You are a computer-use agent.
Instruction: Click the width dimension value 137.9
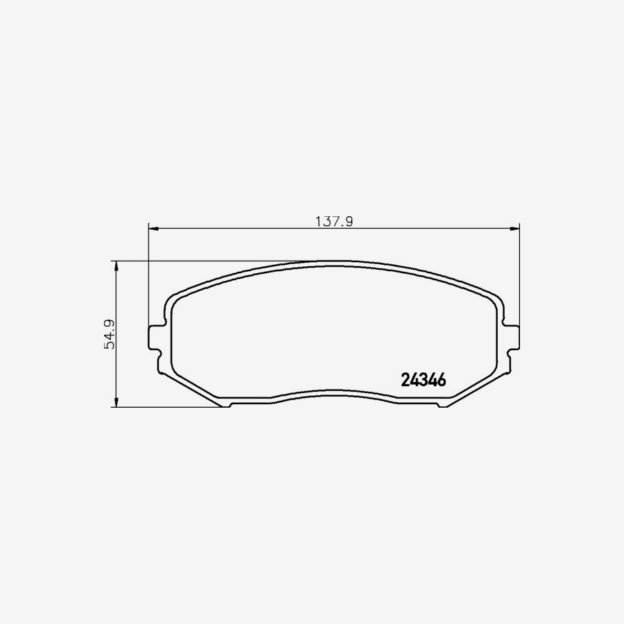[335, 222]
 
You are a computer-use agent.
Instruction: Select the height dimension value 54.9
[109, 334]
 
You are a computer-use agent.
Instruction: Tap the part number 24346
[423, 380]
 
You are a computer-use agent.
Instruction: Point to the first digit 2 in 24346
[406, 380]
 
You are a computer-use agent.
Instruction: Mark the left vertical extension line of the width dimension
[149, 277]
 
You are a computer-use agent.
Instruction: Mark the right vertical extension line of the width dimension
[519, 277]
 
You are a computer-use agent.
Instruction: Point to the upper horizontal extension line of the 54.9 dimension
[208, 261]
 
